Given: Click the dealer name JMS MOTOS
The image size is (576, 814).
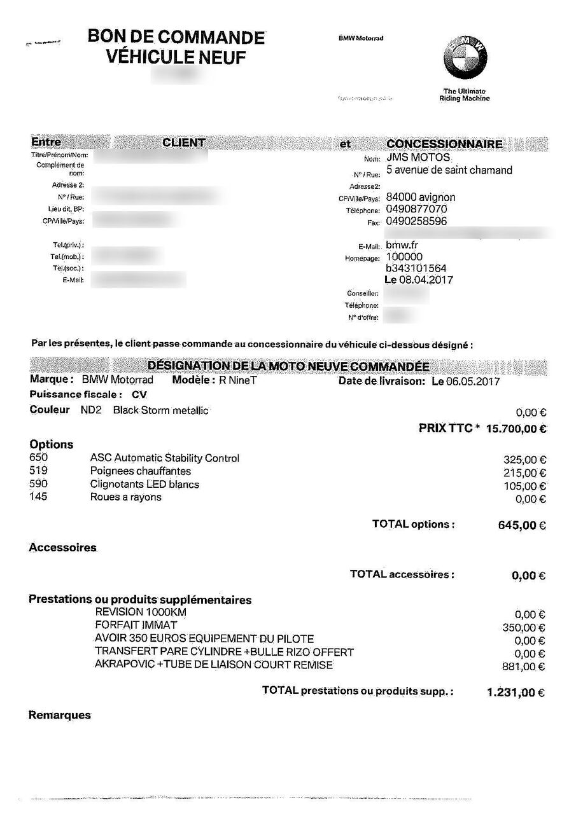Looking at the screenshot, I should coord(418,158).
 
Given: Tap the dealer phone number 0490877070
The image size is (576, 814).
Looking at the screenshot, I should coord(416,209).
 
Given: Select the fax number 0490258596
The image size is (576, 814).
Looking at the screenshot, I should coord(416,221).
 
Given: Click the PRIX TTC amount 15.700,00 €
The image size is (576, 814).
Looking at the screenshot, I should coord(516,429).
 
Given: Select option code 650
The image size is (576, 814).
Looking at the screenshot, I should coord(39,458).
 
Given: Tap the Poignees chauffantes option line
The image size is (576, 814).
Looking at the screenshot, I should coord(140,471).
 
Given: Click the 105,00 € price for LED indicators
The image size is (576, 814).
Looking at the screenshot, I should coord(524,486).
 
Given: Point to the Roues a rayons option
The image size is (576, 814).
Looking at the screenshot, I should coord(125,497).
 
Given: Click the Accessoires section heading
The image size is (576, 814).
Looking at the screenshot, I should coord(62,548).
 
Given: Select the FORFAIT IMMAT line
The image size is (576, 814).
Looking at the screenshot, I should coord(136,625).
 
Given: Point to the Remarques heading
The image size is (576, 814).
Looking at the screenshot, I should coord(60,715).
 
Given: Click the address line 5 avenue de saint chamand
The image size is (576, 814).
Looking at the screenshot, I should coord(449,170).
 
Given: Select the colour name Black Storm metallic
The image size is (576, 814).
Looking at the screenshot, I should coord(160,410).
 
